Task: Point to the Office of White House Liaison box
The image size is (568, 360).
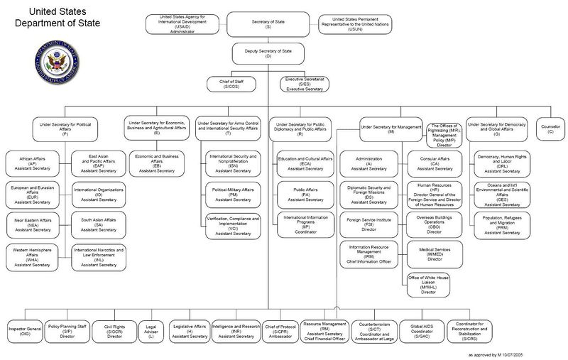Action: tap(429, 283)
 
